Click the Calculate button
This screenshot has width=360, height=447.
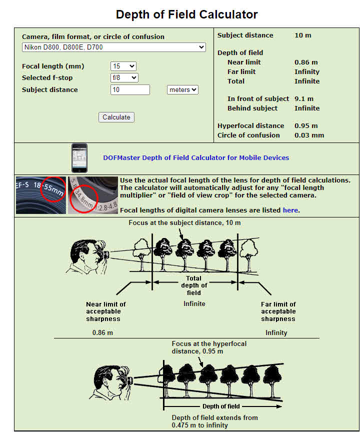tap(116, 117)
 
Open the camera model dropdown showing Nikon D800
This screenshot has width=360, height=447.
tap(114, 47)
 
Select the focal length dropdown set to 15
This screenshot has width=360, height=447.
tap(123, 66)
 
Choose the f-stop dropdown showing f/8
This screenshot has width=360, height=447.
tap(124, 77)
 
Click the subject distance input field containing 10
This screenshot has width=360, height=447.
tap(130, 90)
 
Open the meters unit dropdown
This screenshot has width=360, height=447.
tap(182, 90)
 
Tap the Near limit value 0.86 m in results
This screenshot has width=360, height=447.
tap(306, 62)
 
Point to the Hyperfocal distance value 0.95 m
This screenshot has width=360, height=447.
tap(306, 126)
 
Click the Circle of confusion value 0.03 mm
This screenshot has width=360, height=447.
tap(309, 135)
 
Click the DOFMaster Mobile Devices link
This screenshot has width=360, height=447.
tap(196, 157)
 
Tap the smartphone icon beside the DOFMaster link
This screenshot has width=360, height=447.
tap(79, 157)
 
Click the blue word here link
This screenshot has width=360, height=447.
tap(290, 210)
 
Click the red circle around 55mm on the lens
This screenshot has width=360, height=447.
tap(53, 189)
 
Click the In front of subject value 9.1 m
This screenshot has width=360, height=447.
tap(304, 99)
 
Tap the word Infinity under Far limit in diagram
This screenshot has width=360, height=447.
tap(276, 332)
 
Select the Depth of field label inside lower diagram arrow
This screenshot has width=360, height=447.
tap(220, 406)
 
